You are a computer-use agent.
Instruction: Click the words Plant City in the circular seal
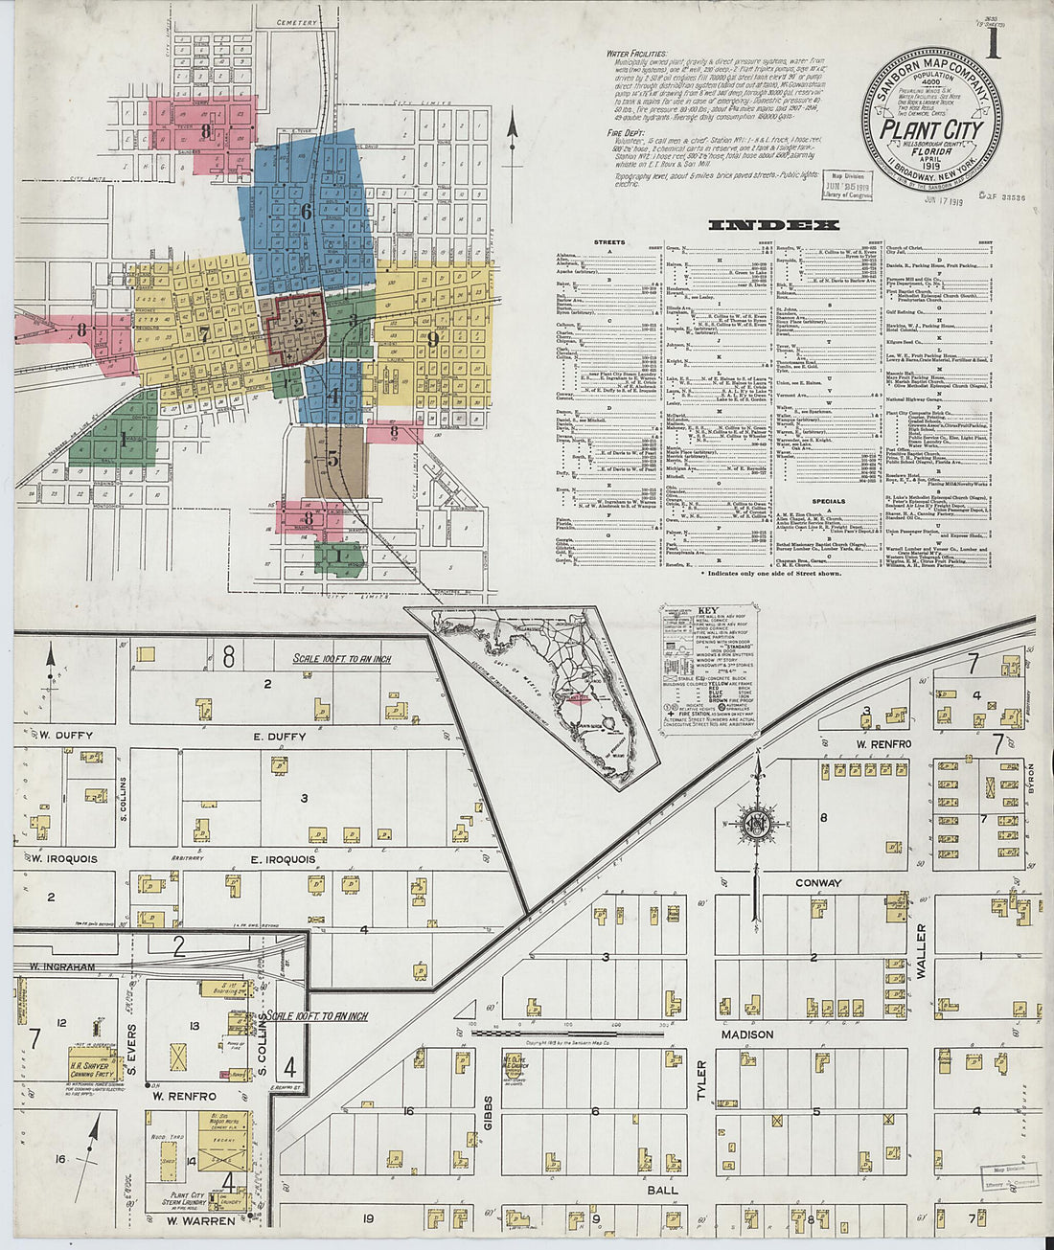point(931,130)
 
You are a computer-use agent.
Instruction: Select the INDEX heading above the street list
point(773,226)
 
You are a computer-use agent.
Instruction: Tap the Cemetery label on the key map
point(296,21)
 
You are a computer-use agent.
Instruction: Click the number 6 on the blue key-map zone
point(307,212)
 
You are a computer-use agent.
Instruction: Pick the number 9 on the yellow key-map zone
point(433,337)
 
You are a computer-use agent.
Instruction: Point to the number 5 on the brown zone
point(332,458)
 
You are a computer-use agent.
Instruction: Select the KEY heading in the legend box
point(707,610)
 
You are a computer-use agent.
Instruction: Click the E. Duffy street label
point(280,737)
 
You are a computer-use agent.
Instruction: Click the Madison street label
point(747,1034)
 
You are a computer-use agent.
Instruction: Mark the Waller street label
point(921,951)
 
